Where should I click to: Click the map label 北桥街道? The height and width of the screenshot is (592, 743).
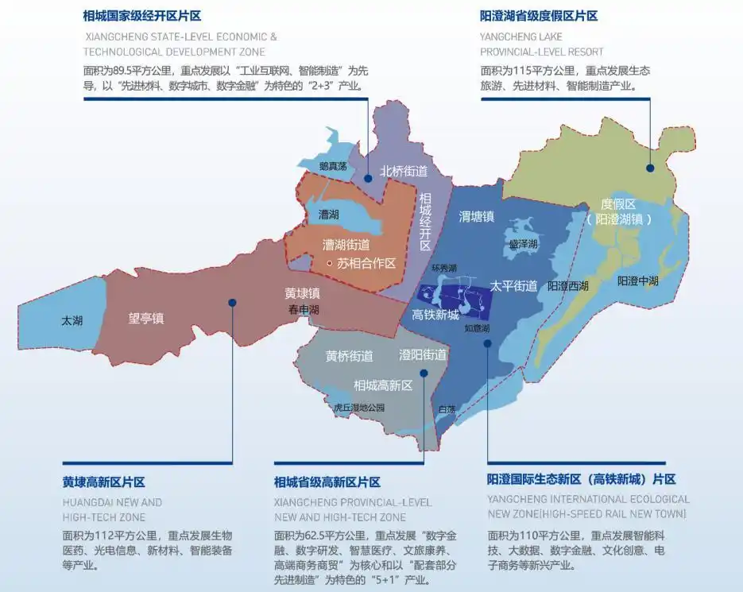404,171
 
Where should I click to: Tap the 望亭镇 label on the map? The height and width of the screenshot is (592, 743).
146,319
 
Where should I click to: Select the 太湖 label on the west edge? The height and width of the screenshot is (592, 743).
72,321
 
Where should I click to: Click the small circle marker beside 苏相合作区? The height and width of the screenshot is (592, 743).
329,263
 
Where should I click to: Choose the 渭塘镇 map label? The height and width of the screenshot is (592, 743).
477,215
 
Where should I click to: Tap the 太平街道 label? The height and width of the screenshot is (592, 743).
513,285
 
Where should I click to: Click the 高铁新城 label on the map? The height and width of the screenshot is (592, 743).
435,315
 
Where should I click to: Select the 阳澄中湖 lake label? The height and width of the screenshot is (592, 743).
637,281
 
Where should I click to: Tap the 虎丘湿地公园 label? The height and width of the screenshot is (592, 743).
359,408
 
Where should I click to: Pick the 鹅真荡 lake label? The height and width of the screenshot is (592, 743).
332,166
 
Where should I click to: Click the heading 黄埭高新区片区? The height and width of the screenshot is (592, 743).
103,482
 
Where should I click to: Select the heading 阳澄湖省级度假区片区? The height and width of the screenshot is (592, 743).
539,16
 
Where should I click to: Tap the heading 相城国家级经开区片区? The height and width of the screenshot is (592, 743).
141,16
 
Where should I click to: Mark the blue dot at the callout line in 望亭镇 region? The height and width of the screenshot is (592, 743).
232,302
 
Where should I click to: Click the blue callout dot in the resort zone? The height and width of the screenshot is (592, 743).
650,167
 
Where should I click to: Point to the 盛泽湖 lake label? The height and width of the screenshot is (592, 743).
524,244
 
